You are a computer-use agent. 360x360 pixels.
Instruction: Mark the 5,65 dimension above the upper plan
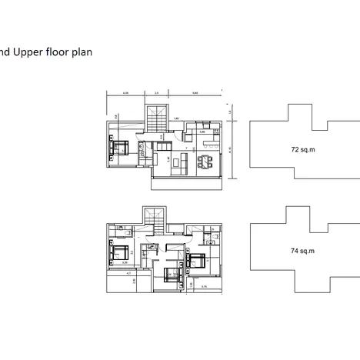click(x=195, y=94)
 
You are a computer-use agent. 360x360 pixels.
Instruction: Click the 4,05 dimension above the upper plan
click(x=125, y=94)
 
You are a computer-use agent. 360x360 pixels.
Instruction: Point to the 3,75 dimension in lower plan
click(x=204, y=286)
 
